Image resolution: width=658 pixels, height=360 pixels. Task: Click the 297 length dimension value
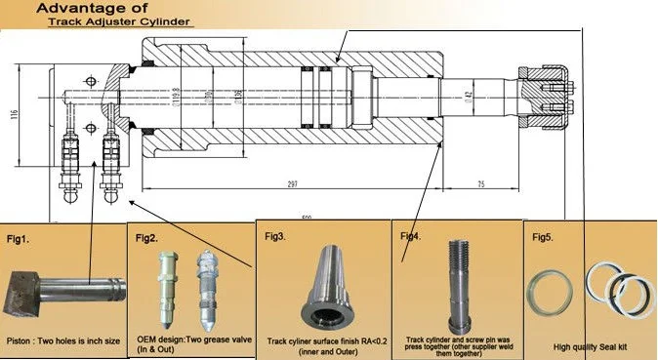pos(293,183)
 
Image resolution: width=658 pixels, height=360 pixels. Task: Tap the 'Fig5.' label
pos(542,237)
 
